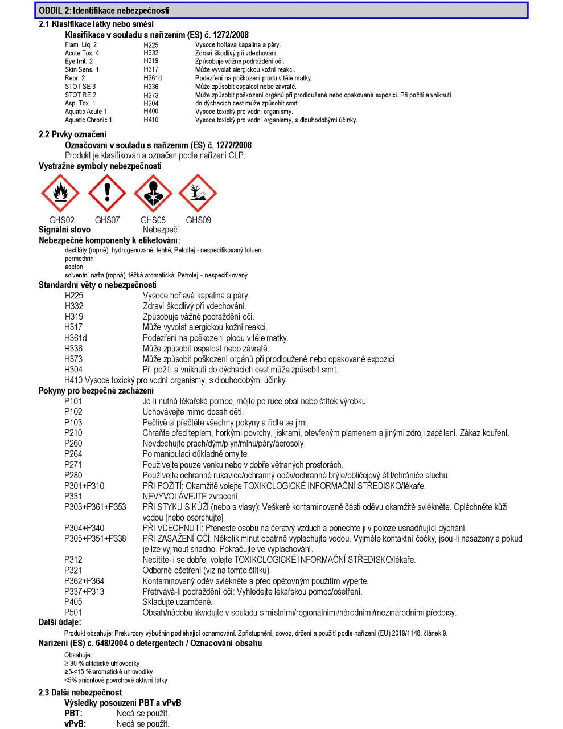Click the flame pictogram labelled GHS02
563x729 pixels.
pyautogui.click(x=60, y=194)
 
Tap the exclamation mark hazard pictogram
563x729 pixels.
pyautogui.click(x=106, y=194)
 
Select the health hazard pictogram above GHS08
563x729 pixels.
pyautogui.click(x=153, y=194)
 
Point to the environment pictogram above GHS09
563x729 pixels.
pyautogui.click(x=198, y=194)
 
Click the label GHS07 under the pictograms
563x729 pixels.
pyautogui.click(x=107, y=220)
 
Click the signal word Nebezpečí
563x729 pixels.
pyautogui.click(x=161, y=230)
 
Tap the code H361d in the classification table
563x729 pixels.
pyautogui.click(x=153, y=78)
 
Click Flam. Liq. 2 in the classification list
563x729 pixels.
pyautogui.click(x=81, y=44)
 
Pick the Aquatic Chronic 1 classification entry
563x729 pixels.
pyautogui.click(x=88, y=120)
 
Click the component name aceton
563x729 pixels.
pyautogui.click(x=74, y=267)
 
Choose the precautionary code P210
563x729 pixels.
pyautogui.click(x=73, y=433)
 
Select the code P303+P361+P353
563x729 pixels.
pyautogui.click(x=95, y=507)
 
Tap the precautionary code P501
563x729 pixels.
pyautogui.click(x=73, y=612)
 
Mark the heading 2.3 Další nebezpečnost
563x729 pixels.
pyautogui.click(x=80, y=693)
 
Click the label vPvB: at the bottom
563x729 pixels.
pyautogui.click(x=75, y=724)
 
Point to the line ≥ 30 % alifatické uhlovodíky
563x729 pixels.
pyautogui.click(x=102, y=664)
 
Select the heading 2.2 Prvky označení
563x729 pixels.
pyautogui.click(x=72, y=134)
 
